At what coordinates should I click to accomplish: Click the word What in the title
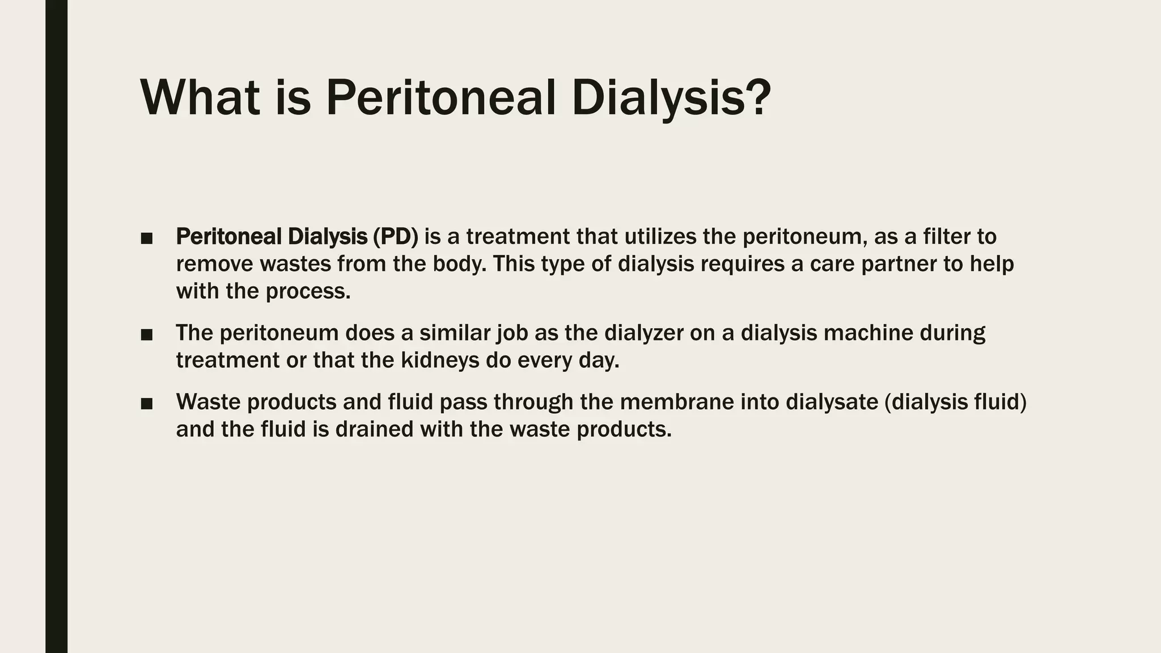pyautogui.click(x=200, y=97)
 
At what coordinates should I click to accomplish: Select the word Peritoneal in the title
pyautogui.click(x=440, y=97)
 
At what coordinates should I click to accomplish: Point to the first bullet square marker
pyautogui.click(x=147, y=238)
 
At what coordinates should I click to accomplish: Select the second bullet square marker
pyautogui.click(x=147, y=334)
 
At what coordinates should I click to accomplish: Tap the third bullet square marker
pyautogui.click(x=147, y=404)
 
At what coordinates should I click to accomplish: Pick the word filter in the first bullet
pyautogui.click(x=946, y=236)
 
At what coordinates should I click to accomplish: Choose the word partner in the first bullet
pyautogui.click(x=899, y=264)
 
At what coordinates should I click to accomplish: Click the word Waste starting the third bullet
pyautogui.click(x=209, y=402)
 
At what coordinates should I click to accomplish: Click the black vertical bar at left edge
pyautogui.click(x=56, y=326)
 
